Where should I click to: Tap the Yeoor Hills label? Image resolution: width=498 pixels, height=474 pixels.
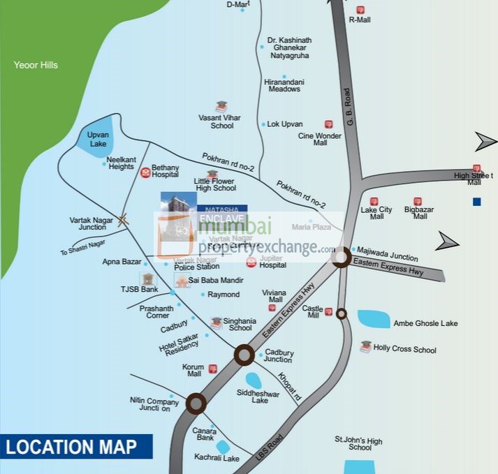pos(36,66)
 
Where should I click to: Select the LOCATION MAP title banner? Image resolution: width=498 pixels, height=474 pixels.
pos(75,447)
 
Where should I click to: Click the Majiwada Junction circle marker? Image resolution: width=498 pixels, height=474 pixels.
pos(341,258)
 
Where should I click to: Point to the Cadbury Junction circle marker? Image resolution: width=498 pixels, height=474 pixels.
pos(244,355)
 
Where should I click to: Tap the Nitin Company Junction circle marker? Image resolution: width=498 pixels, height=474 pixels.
pos(196,403)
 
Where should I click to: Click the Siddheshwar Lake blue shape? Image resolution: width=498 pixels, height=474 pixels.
pos(254,380)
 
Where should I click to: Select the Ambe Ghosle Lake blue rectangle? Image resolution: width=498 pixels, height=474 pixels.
pos(374,319)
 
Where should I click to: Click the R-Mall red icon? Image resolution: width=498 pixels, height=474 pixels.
pos(360,10)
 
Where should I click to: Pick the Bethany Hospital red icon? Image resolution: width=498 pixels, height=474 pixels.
pos(145,172)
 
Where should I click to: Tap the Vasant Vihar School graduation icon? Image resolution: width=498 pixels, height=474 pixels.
pos(221,107)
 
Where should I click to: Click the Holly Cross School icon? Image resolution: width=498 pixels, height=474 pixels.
pos(365,347)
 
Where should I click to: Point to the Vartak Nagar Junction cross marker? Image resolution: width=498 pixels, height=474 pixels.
pos(123,221)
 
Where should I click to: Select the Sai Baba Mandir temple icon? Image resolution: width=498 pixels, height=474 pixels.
pos(182,281)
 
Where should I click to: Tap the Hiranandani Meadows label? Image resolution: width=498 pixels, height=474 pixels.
pos(282,85)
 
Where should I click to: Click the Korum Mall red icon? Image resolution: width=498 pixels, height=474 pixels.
pos(213,369)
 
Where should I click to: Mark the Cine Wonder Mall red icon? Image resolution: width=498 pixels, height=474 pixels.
pos(328,124)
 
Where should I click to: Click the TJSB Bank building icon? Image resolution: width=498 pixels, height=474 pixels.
pos(147,279)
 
